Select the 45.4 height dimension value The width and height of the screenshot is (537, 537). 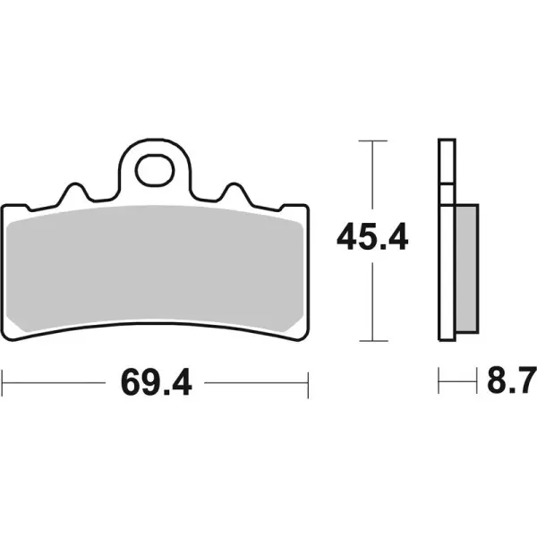(x=372, y=238)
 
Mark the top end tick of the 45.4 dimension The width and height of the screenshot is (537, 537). (x=372, y=141)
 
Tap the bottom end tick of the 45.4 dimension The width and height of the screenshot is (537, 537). (x=372, y=341)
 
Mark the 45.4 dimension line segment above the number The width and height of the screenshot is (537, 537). (x=372, y=179)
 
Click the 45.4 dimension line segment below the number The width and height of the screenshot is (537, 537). (x=372, y=300)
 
